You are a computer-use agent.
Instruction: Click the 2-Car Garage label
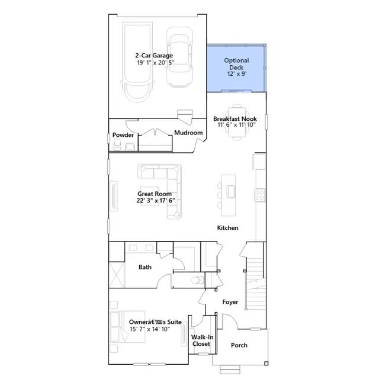point(154,56)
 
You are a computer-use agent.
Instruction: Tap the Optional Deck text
point(236,64)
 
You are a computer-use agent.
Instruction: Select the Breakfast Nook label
point(235,119)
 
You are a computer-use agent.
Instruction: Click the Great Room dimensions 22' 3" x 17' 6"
point(155,201)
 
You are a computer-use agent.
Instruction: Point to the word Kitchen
point(227,227)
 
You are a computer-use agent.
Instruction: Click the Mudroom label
point(188,133)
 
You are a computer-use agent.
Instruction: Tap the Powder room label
point(123,135)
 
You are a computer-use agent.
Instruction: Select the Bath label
point(145,267)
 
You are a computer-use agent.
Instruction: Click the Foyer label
point(230,302)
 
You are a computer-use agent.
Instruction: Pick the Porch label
point(239,345)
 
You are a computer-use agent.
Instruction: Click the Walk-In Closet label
point(201,341)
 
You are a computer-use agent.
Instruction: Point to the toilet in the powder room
point(117,144)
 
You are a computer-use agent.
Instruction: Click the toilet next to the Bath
point(197,280)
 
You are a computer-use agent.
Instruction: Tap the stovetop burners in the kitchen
point(260,195)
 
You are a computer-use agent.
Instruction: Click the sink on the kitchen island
point(231,192)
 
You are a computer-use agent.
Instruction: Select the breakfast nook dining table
point(237,122)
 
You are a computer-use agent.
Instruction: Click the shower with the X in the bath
point(117,275)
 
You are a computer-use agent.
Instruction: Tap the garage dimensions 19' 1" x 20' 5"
point(155,63)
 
